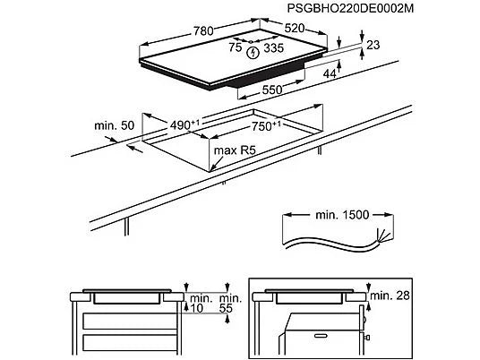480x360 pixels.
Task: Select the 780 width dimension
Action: click(x=203, y=31)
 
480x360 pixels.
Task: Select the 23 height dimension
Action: click(x=373, y=45)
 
